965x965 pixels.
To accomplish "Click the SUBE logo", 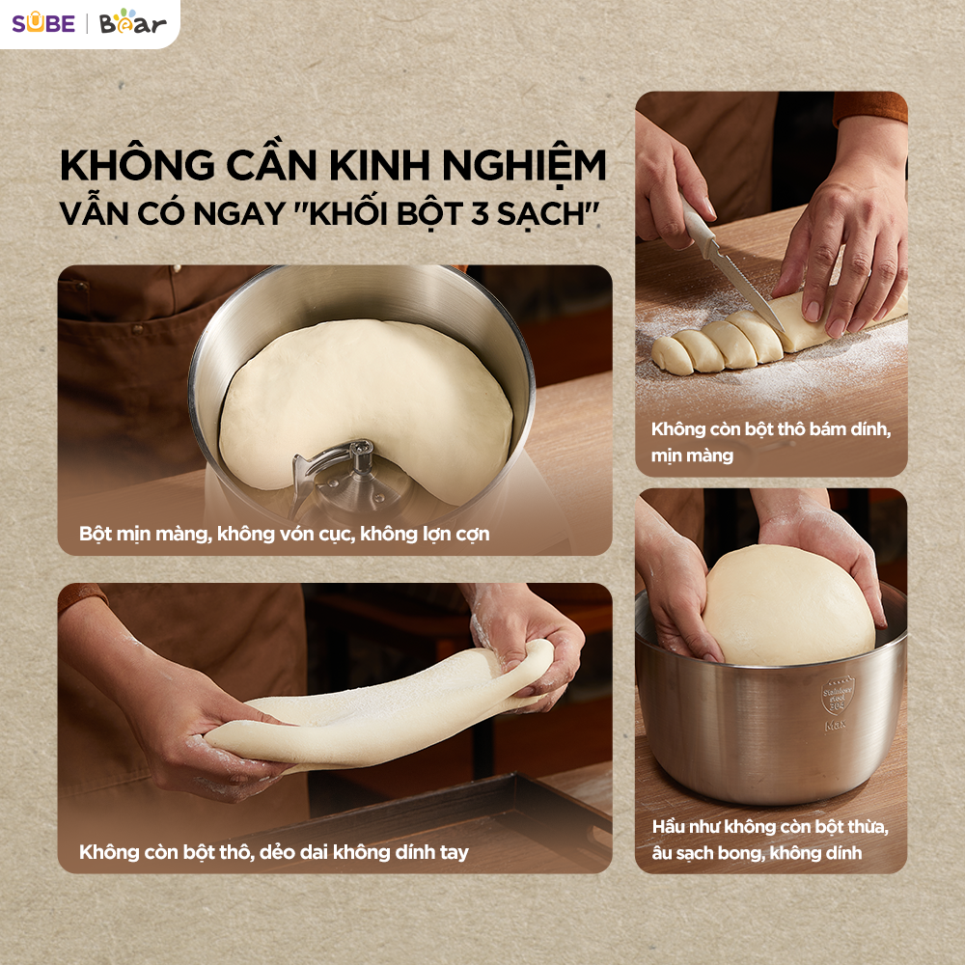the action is [43, 23].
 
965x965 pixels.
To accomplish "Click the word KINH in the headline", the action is [379, 166].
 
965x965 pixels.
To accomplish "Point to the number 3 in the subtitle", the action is [480, 214].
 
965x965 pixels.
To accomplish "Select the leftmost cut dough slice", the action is [671, 355].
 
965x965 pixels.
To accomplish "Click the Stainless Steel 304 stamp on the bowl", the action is [838, 697].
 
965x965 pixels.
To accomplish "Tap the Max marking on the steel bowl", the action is [835, 726].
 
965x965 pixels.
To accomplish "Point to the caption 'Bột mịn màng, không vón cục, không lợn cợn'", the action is [285, 534].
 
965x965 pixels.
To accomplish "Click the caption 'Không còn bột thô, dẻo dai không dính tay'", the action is [274, 852].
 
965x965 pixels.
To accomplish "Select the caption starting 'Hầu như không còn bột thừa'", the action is [770, 840].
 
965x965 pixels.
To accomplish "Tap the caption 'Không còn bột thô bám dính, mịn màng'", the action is [771, 442].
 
